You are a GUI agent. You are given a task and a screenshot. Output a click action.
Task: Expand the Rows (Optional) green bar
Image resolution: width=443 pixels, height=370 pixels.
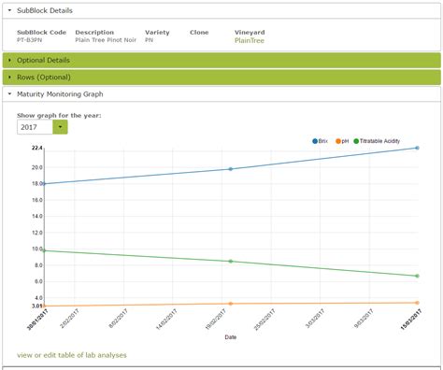tap(43, 78)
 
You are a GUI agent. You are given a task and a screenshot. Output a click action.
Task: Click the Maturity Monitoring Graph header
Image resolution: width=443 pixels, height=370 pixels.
tap(60, 93)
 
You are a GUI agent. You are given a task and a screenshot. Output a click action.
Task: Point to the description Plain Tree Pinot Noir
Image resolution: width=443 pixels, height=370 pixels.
tap(104, 40)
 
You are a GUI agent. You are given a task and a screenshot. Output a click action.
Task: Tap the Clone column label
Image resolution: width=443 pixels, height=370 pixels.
tap(199, 33)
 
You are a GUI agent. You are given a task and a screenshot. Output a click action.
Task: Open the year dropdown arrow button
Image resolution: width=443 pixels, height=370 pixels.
tap(60, 127)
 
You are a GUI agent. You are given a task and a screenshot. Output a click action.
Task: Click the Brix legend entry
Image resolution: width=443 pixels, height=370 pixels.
tap(321, 140)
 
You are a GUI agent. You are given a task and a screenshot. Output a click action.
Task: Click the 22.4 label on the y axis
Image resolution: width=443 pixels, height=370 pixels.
tap(36, 149)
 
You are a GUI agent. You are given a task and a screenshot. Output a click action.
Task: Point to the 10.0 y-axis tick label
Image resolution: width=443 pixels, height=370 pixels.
tap(36, 249)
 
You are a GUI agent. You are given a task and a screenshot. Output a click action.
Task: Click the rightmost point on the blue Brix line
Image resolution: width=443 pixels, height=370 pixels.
tap(418, 148)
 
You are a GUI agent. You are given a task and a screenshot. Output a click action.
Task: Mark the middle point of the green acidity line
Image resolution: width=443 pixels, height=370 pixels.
tap(230, 262)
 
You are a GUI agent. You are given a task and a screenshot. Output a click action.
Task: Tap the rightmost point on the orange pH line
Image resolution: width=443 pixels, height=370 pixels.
tap(418, 303)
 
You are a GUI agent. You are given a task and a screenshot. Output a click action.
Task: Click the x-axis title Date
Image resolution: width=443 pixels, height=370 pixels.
tap(230, 337)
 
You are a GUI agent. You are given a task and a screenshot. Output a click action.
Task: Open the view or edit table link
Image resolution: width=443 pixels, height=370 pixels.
tap(71, 355)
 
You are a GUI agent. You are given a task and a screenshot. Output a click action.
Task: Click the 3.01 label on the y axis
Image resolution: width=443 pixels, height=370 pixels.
tap(36, 306)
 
